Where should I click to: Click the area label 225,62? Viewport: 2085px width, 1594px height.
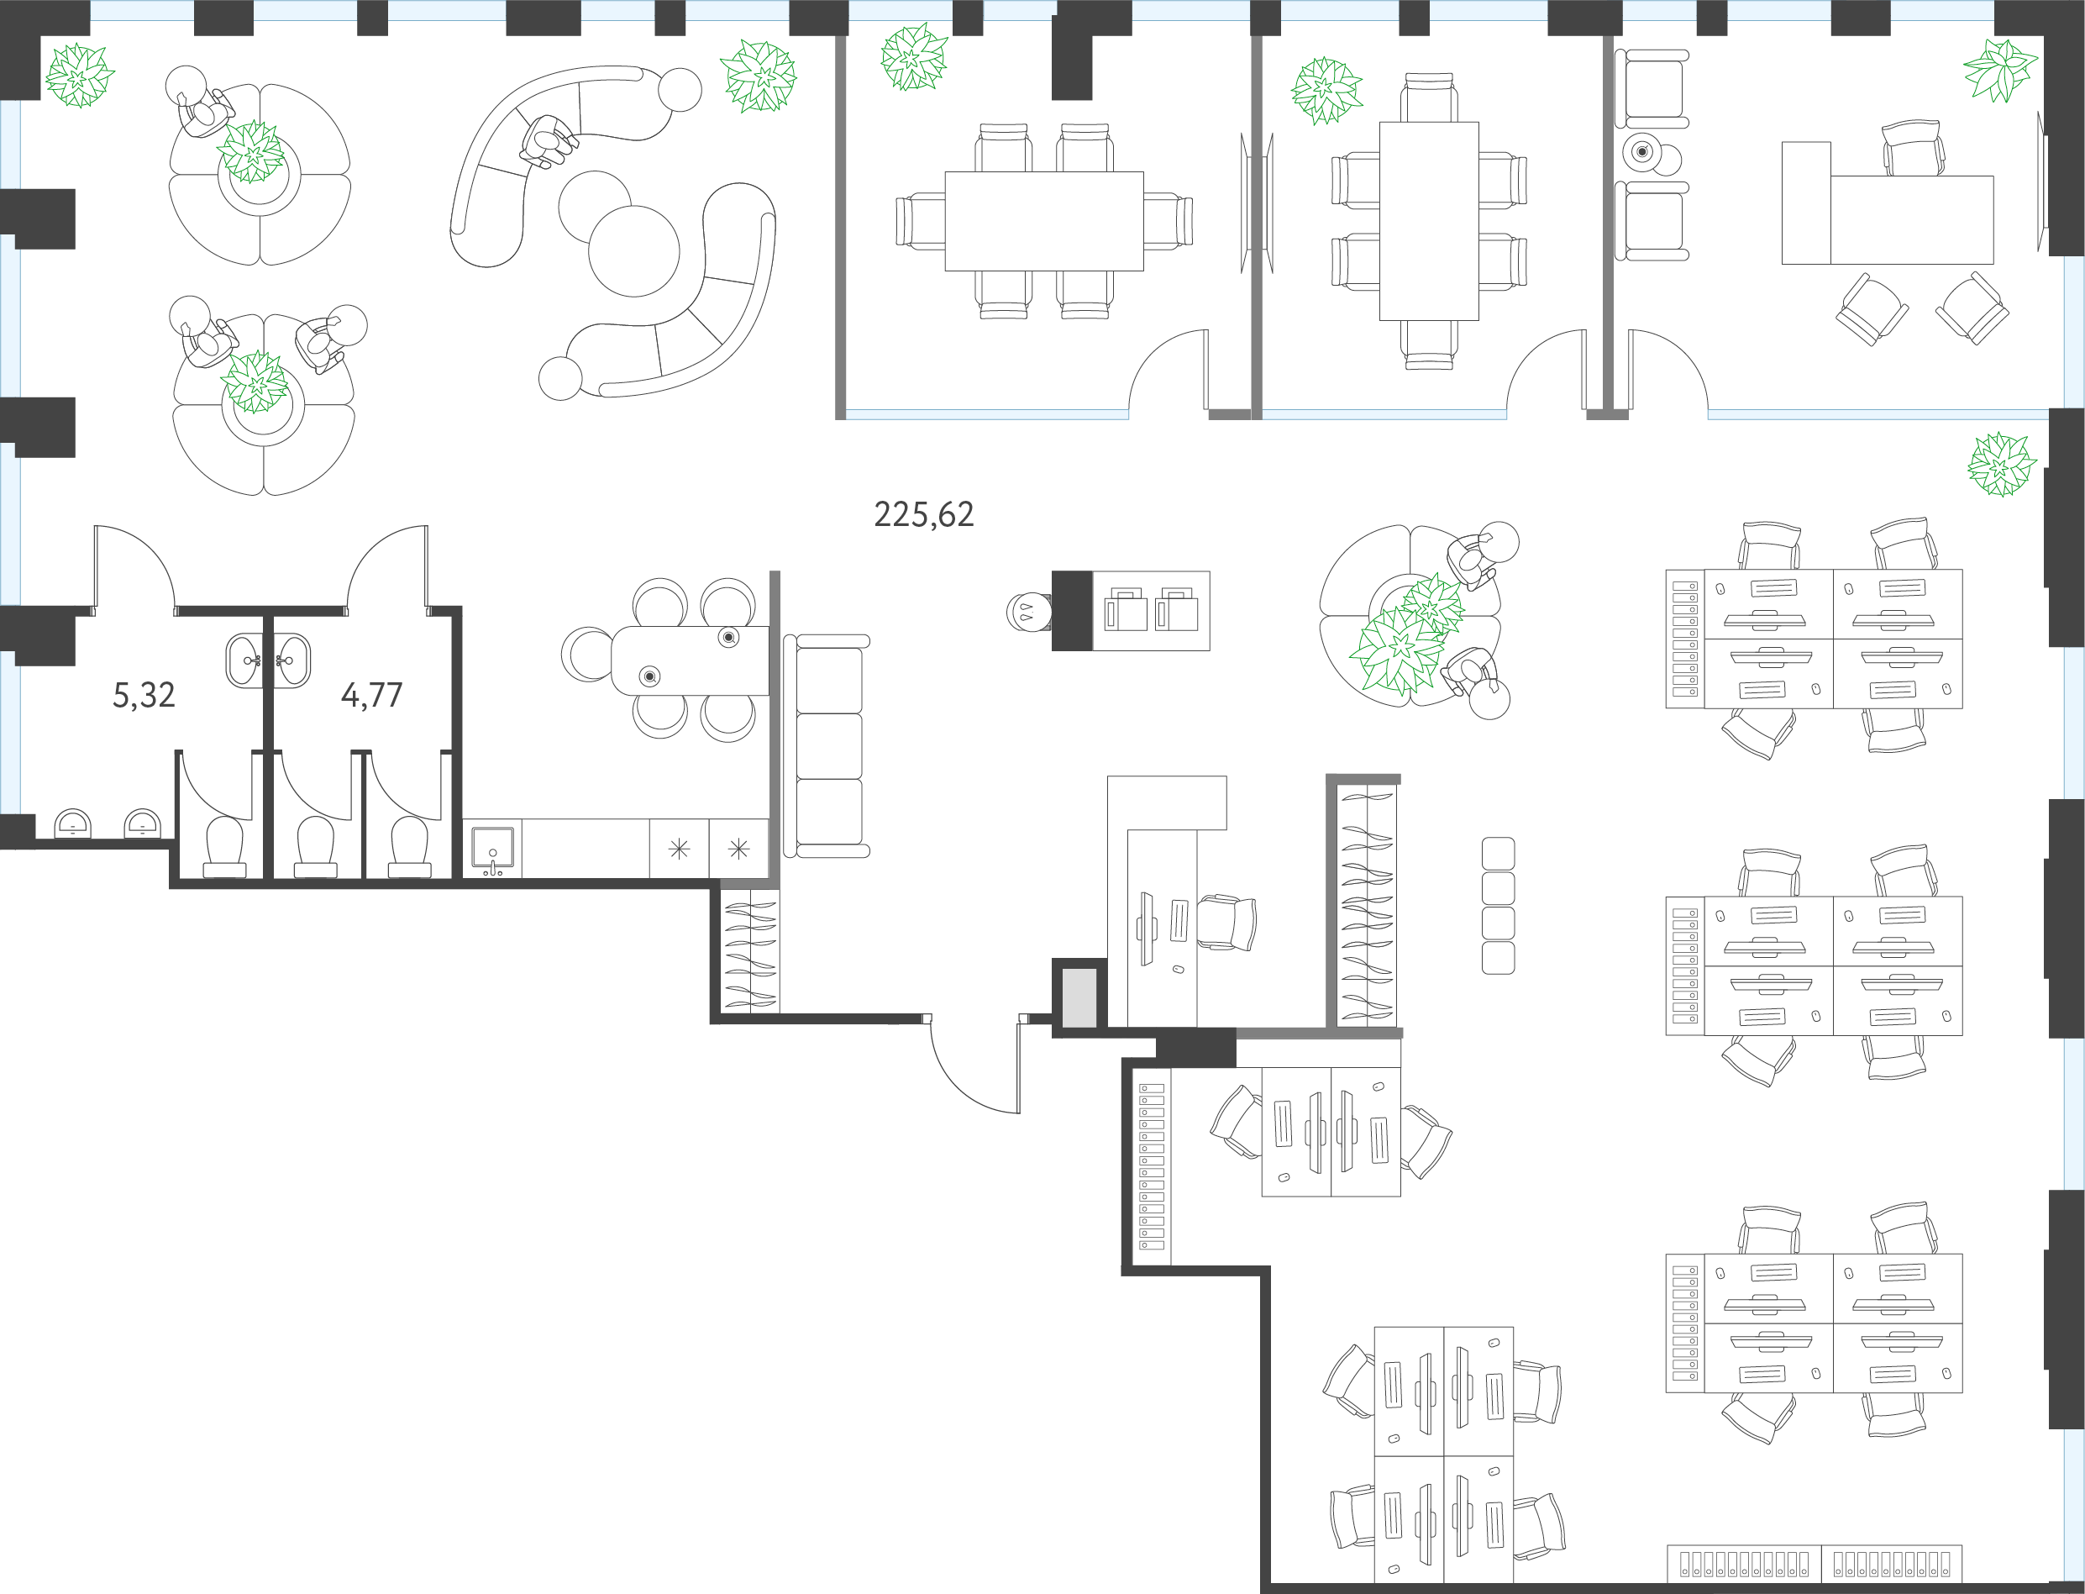click(x=923, y=514)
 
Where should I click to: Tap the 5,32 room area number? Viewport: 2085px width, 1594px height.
click(x=144, y=696)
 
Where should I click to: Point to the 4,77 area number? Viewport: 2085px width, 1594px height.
click(x=372, y=696)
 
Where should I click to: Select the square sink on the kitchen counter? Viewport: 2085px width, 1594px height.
click(x=492, y=848)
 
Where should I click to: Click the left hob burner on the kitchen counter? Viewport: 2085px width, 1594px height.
click(x=680, y=848)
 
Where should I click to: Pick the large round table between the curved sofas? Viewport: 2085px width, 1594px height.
click(x=633, y=251)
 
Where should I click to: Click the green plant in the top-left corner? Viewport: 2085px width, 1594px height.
click(x=80, y=75)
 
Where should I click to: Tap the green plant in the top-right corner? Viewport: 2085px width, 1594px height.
click(x=1999, y=69)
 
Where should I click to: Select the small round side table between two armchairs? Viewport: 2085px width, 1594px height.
click(x=1642, y=152)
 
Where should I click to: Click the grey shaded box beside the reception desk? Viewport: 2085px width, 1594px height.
click(x=1079, y=997)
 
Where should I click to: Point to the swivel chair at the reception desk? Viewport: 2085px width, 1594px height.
click(x=1226, y=921)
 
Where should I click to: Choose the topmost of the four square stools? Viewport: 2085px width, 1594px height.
click(x=1498, y=853)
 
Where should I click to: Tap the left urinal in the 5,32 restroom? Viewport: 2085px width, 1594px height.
click(x=72, y=823)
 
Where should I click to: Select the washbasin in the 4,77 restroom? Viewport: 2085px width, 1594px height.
click(x=291, y=660)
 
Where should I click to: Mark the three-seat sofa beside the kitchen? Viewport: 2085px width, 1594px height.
click(x=827, y=747)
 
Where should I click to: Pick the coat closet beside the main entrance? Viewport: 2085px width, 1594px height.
click(x=749, y=950)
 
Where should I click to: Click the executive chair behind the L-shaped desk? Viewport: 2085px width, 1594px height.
click(x=1912, y=148)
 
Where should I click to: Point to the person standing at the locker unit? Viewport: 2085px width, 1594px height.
click(x=1029, y=612)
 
